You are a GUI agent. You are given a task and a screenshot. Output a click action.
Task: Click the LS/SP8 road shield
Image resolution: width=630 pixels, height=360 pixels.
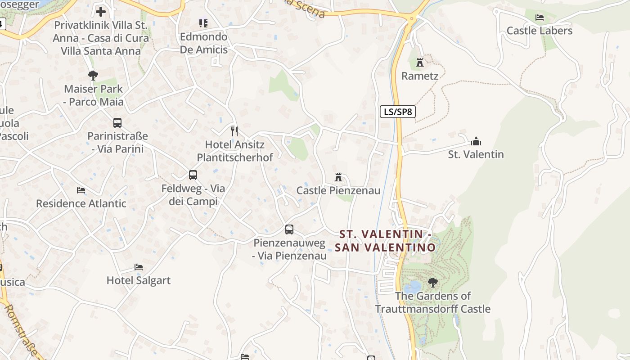click(x=397, y=112)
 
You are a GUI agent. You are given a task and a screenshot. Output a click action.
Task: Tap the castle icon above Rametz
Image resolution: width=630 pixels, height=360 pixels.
click(x=420, y=62)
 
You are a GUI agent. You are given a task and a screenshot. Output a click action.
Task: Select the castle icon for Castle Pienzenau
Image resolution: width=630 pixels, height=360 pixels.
click(x=338, y=177)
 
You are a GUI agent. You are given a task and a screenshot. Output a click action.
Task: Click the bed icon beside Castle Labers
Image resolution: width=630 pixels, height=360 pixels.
click(x=540, y=18)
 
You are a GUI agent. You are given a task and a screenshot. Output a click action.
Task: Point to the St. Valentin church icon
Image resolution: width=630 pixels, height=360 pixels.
click(x=476, y=142)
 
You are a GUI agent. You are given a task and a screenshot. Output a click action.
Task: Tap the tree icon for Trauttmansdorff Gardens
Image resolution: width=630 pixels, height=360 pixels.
click(x=432, y=283)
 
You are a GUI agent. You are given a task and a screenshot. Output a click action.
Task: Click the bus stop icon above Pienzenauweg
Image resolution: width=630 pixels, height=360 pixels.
click(x=289, y=229)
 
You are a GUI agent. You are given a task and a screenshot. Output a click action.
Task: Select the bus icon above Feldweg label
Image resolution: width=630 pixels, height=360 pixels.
click(x=193, y=175)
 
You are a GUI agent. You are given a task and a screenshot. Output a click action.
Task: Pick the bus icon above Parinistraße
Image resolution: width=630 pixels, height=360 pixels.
click(x=117, y=122)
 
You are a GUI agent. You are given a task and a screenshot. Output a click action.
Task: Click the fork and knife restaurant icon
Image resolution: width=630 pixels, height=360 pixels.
click(x=234, y=131)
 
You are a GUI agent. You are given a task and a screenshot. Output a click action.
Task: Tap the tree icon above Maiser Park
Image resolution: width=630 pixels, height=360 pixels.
click(x=93, y=75)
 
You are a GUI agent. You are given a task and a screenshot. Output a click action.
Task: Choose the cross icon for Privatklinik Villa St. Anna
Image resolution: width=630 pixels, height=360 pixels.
click(x=101, y=12)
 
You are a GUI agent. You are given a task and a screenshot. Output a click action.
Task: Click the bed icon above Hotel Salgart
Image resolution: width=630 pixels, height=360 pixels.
click(x=139, y=267)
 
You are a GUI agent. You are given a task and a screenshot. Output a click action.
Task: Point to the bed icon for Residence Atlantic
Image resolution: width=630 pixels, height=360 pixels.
click(x=81, y=190)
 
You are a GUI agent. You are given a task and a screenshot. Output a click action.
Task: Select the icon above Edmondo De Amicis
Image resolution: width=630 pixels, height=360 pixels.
click(x=203, y=23)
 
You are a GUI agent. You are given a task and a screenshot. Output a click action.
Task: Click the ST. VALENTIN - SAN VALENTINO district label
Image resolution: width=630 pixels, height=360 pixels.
click(x=385, y=241)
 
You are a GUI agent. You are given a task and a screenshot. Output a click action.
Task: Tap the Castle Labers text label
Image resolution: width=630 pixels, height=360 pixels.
click(x=540, y=31)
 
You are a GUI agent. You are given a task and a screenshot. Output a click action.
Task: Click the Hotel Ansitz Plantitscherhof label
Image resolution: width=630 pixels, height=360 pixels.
click(x=235, y=151)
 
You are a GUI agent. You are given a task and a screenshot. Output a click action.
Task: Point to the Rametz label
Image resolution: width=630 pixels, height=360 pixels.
click(x=420, y=76)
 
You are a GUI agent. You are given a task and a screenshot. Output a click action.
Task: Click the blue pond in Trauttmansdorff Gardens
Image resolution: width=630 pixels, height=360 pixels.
click(x=412, y=286)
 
